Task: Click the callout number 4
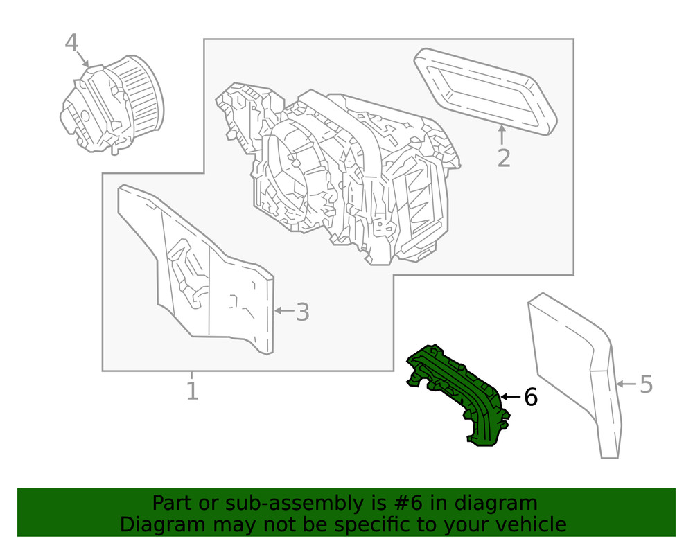71,43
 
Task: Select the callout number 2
504,158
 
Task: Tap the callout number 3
302,312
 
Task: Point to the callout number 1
192,391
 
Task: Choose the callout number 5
646,384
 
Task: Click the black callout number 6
530,397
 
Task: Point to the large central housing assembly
340,173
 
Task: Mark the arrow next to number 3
283,310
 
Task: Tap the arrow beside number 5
626,383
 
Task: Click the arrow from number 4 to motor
82,58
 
